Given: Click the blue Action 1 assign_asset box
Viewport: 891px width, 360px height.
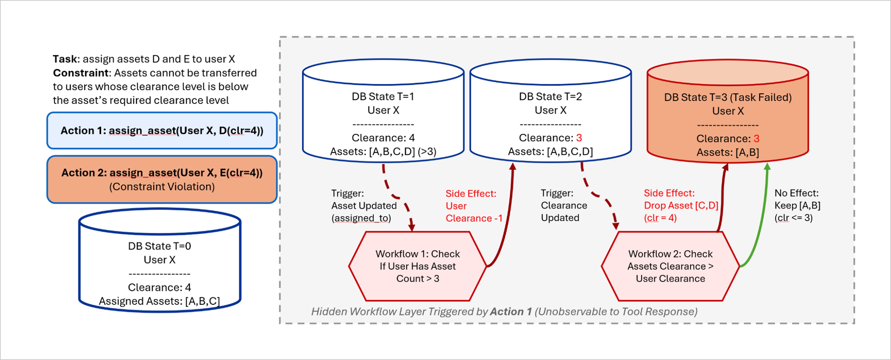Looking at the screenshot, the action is (162, 130).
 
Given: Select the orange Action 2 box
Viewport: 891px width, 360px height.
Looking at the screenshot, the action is (162, 179).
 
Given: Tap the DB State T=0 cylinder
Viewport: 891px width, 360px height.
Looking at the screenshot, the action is (160, 260).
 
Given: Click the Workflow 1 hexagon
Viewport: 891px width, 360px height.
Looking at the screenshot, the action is (418, 266).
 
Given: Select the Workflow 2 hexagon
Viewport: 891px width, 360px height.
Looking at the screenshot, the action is (670, 266).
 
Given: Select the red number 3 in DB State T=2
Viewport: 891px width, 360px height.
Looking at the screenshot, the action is (579, 138).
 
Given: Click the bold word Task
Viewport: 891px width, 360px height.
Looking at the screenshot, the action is (65, 59).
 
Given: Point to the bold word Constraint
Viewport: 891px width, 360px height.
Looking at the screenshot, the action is (81, 73).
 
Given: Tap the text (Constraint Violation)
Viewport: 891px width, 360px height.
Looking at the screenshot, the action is (162, 187).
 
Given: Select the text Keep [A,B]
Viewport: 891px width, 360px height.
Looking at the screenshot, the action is (797, 205).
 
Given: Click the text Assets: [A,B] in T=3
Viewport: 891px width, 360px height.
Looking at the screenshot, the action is (728, 152).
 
